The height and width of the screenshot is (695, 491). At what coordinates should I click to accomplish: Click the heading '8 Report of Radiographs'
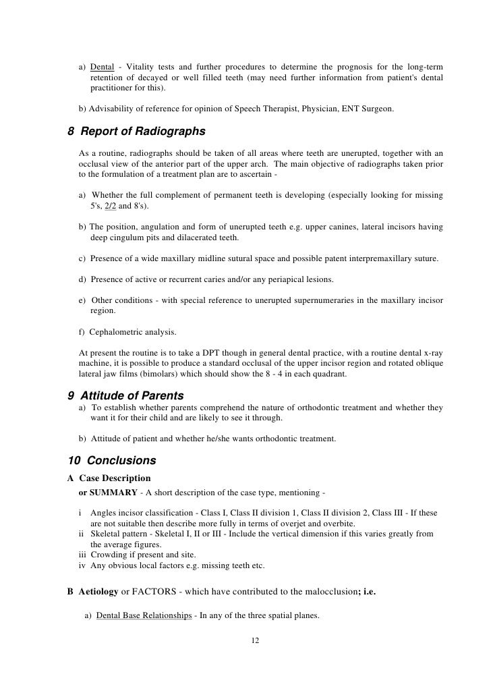[x=137, y=131]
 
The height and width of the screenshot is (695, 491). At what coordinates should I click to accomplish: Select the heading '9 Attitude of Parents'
[x=126, y=395]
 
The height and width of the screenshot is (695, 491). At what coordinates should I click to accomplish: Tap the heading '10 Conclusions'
[x=112, y=461]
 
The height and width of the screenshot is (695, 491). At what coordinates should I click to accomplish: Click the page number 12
[x=254, y=640]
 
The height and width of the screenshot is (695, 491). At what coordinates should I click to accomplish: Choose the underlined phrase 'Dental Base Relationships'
[x=144, y=615]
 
